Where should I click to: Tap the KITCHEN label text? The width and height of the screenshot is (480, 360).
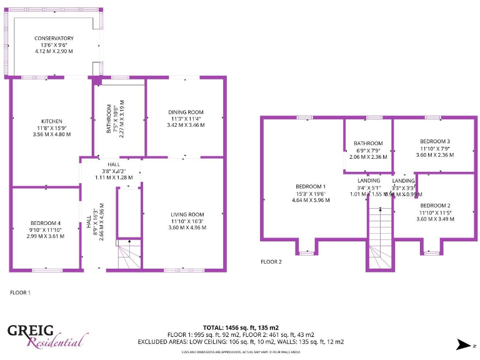[x=52, y=121]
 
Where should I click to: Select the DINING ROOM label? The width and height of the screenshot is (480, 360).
[x=186, y=112]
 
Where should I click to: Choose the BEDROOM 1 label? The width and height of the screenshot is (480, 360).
[x=311, y=186]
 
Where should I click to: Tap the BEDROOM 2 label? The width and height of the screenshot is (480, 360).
[x=435, y=206]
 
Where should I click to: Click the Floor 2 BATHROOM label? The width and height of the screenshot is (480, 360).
[x=368, y=143]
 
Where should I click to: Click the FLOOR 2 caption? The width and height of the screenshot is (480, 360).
[x=271, y=262]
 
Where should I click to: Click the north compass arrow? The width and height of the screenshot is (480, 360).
[x=464, y=344]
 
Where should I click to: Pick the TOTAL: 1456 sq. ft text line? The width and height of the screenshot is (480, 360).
[x=241, y=327]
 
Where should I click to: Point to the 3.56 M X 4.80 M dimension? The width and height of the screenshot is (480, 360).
[x=52, y=134]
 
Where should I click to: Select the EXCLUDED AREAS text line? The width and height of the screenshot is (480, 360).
[x=241, y=342]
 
